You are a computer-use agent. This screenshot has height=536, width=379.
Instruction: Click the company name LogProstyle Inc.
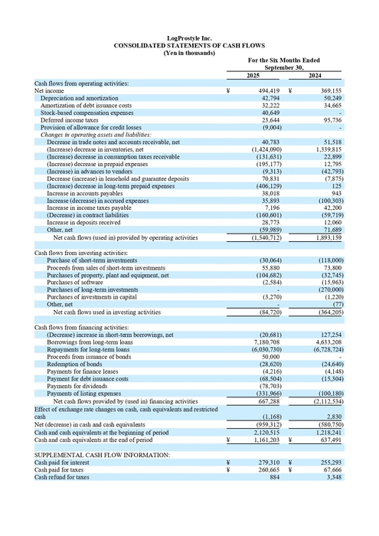[189, 38]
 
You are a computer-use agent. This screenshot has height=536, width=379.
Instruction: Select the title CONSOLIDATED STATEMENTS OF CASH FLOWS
[189, 45]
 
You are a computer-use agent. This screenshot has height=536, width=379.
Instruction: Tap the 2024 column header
[315, 75]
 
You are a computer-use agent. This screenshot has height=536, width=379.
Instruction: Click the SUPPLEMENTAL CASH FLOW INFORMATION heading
[102, 455]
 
